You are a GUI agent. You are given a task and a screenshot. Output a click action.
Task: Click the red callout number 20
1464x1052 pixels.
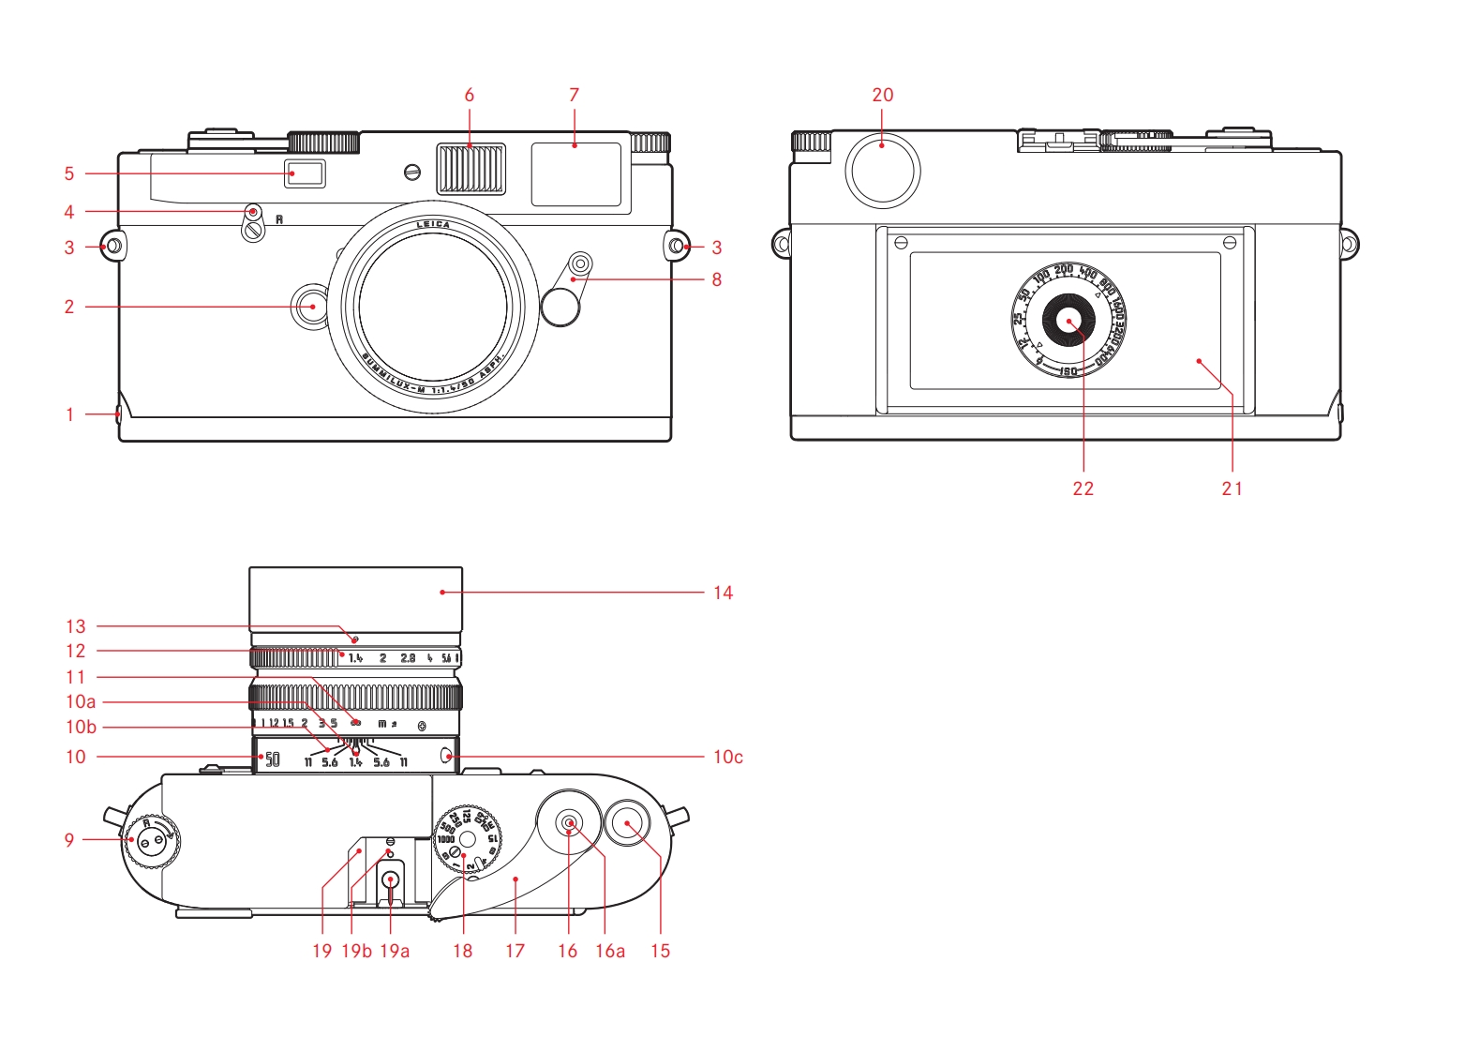(x=882, y=95)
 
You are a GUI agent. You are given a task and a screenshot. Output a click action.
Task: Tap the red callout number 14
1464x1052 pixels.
(x=723, y=593)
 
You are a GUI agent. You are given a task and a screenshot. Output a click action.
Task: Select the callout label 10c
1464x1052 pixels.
(x=727, y=757)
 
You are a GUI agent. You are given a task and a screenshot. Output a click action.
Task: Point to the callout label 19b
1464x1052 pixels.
(x=356, y=951)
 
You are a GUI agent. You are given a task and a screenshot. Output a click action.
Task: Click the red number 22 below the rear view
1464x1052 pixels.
(x=1083, y=488)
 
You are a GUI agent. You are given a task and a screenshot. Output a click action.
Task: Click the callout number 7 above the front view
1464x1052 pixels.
(x=574, y=95)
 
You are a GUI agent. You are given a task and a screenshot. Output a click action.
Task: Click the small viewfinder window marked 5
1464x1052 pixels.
(x=306, y=173)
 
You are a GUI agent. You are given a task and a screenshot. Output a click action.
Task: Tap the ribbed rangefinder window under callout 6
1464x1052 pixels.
(x=471, y=169)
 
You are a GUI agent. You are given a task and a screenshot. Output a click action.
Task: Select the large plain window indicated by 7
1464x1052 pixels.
(x=575, y=174)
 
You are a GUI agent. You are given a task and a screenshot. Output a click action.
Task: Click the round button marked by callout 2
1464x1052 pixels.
(x=308, y=307)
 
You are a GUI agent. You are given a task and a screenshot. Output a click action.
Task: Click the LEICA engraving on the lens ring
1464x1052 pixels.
(x=433, y=225)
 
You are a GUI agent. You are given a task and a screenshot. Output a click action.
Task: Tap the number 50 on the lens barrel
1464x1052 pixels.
(x=272, y=759)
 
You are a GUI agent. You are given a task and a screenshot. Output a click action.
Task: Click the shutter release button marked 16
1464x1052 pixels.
(x=568, y=822)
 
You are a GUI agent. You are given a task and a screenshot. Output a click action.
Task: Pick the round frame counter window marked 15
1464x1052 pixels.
(x=627, y=823)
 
